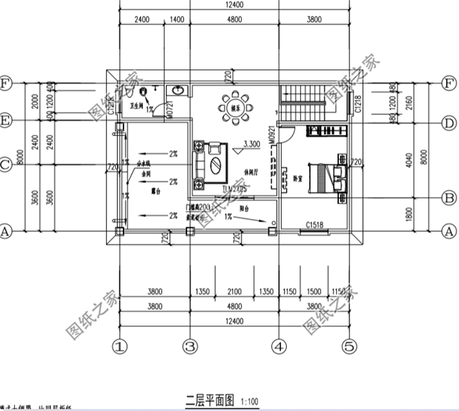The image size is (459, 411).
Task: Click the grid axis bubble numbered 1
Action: [x=121, y=346]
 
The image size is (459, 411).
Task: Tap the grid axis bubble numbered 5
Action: [x=348, y=346]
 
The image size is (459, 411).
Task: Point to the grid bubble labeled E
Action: [x=6, y=121]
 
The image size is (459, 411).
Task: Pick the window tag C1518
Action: [x=315, y=225]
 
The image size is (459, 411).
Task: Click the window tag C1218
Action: [x=359, y=105]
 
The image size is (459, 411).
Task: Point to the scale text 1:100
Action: [x=250, y=402]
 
